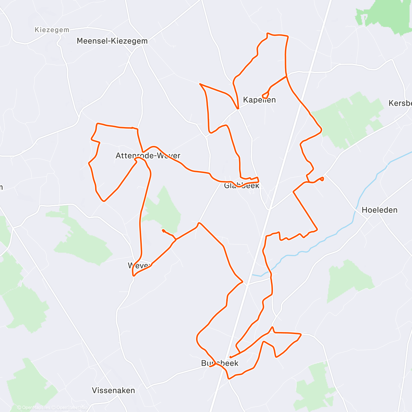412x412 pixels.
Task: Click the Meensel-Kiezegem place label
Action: (112, 41)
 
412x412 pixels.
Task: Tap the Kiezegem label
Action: (52, 30)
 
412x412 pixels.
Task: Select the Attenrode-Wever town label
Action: (148, 156)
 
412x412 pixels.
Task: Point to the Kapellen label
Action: (259, 100)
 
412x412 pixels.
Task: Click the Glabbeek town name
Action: (241, 186)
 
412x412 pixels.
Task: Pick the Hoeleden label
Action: (379, 210)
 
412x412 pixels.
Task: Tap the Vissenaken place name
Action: (113, 390)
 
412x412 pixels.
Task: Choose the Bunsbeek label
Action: (220, 363)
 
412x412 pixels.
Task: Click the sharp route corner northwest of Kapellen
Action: (200, 84)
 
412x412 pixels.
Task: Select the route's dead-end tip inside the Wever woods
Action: (162, 230)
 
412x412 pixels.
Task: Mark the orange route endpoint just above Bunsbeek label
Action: (230, 357)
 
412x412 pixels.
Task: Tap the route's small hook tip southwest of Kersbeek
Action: (322, 178)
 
